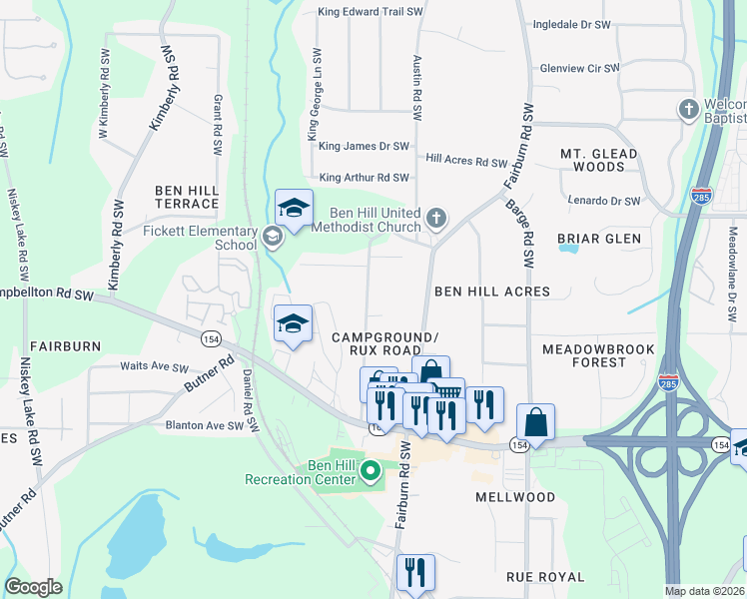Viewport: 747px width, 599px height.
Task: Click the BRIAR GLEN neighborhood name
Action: [x=598, y=239]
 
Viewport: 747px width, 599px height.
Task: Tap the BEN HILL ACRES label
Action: [x=491, y=292]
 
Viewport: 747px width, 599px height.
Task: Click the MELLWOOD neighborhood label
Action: [x=515, y=496]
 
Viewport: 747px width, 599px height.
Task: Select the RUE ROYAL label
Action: [x=544, y=577]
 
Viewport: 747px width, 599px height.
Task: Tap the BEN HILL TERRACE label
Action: [x=186, y=196]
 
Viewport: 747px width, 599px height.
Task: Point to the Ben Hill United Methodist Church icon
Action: [x=435, y=218]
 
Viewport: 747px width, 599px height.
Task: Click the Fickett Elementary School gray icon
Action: [x=272, y=237]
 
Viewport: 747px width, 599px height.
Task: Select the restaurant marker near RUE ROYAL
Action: [x=414, y=572]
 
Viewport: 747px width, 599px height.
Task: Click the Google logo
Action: [x=33, y=586]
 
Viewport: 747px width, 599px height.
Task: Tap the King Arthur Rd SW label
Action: [x=364, y=178]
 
